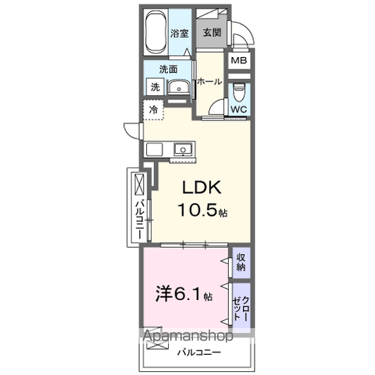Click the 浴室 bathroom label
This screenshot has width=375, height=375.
point(180,33)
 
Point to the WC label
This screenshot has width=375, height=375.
point(239,109)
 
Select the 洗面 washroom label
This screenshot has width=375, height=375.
point(159,70)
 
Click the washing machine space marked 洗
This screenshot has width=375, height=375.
point(155,87)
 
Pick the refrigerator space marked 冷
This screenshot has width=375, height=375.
point(154,110)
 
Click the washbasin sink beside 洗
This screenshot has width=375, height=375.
point(179,87)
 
